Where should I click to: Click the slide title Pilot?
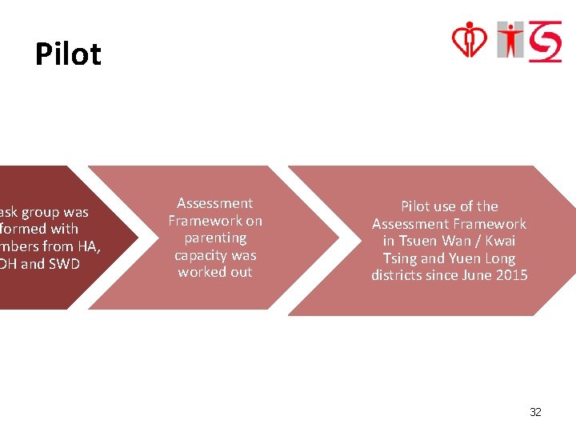[x=68, y=54]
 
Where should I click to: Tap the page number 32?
[x=535, y=412]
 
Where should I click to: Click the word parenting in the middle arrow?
[x=215, y=238]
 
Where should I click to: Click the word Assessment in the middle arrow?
[x=214, y=203]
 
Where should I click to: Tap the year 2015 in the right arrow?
[x=511, y=275]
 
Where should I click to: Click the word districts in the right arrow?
[x=398, y=275]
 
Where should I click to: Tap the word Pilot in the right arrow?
[x=416, y=206]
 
